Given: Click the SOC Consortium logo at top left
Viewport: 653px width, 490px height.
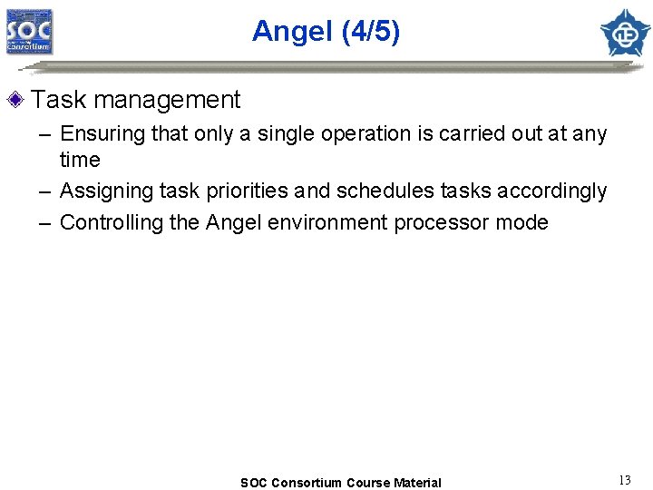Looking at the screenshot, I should (x=30, y=32).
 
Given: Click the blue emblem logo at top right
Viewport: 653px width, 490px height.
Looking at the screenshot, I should (x=625, y=33).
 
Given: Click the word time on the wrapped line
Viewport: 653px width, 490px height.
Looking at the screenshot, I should (x=80, y=161).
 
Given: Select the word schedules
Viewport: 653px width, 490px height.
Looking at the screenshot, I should (x=380, y=191).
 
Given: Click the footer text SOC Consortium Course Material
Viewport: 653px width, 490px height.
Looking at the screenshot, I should (x=340, y=483).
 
